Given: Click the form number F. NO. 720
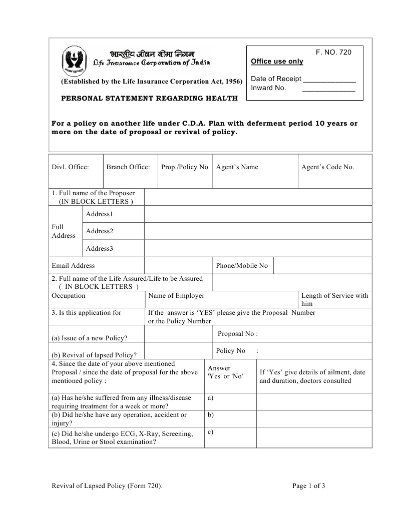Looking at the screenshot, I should click(x=333, y=52).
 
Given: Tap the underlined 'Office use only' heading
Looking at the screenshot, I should click(x=277, y=62).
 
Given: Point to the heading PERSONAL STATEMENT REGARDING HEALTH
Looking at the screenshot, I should click(x=149, y=99).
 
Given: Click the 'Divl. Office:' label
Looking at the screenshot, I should click(x=70, y=167).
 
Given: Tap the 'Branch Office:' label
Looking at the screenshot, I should click(x=128, y=167).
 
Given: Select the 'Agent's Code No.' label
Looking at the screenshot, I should click(x=327, y=167).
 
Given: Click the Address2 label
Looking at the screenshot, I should click(x=99, y=231).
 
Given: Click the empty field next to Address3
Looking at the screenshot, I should click(x=258, y=248).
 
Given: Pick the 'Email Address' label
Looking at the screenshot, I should click(x=73, y=266).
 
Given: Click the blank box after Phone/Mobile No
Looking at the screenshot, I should click(x=322, y=266).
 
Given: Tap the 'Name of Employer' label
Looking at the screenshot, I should click(x=176, y=296).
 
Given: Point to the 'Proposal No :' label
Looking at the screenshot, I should click(x=238, y=334).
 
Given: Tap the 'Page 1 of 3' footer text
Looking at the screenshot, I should click(x=309, y=485).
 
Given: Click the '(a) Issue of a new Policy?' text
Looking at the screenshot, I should click(x=89, y=338).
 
